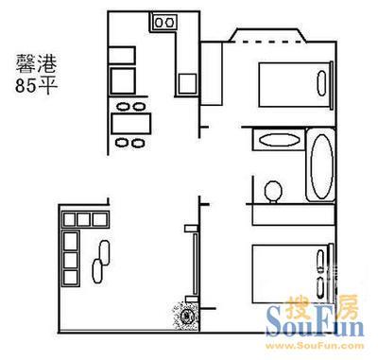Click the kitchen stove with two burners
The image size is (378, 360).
click(x=164, y=22)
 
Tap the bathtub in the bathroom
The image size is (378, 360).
click(x=320, y=165)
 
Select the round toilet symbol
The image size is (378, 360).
click(x=273, y=192)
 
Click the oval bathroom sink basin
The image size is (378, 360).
click(x=280, y=140)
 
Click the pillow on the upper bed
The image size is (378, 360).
click(x=321, y=83)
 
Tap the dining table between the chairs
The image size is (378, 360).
click(x=131, y=124)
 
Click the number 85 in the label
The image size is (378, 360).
click(x=26, y=86)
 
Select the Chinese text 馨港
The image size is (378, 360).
click(x=37, y=64)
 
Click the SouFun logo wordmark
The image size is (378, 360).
click(x=315, y=322)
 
